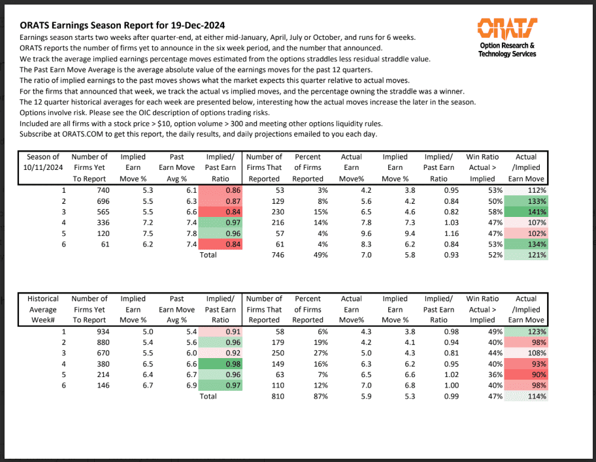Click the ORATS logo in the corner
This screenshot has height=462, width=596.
tap(508, 28)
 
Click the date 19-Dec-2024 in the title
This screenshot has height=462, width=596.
tap(193, 25)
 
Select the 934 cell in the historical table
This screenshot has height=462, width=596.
tap(97, 332)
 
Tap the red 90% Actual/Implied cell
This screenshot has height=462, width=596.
tap(528, 374)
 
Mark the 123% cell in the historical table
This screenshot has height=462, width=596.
tap(528, 332)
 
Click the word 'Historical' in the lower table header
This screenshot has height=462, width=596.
tap(43, 299)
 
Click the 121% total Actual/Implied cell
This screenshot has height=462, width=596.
tap(528, 255)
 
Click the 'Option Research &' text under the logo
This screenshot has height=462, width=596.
tap(507, 46)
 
